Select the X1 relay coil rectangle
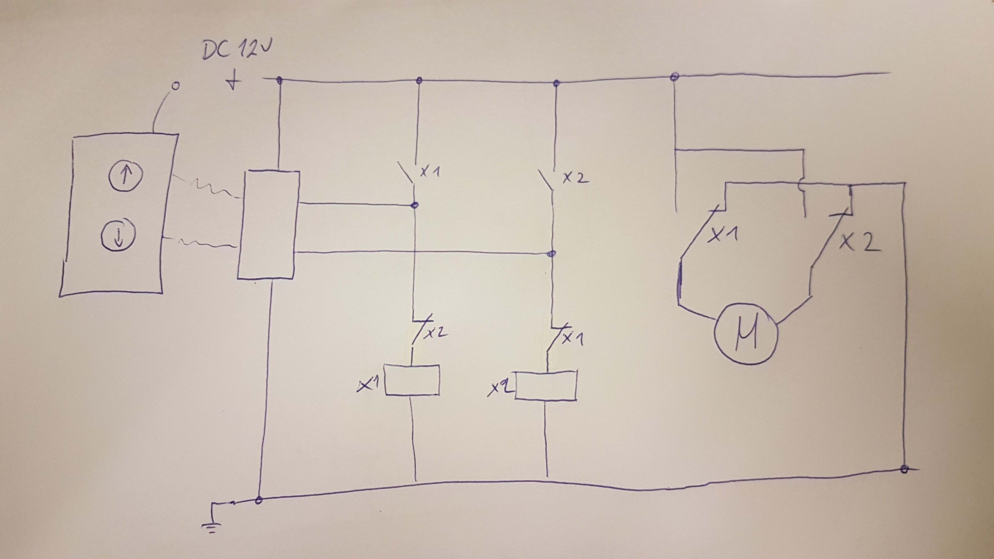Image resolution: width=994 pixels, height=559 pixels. (x=412, y=380)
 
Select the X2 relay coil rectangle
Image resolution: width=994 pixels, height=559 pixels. (x=546, y=386)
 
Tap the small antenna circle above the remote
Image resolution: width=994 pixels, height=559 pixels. (x=175, y=86)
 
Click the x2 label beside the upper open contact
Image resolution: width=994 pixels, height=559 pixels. (x=576, y=178)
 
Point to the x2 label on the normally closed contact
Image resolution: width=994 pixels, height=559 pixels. (x=436, y=332)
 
